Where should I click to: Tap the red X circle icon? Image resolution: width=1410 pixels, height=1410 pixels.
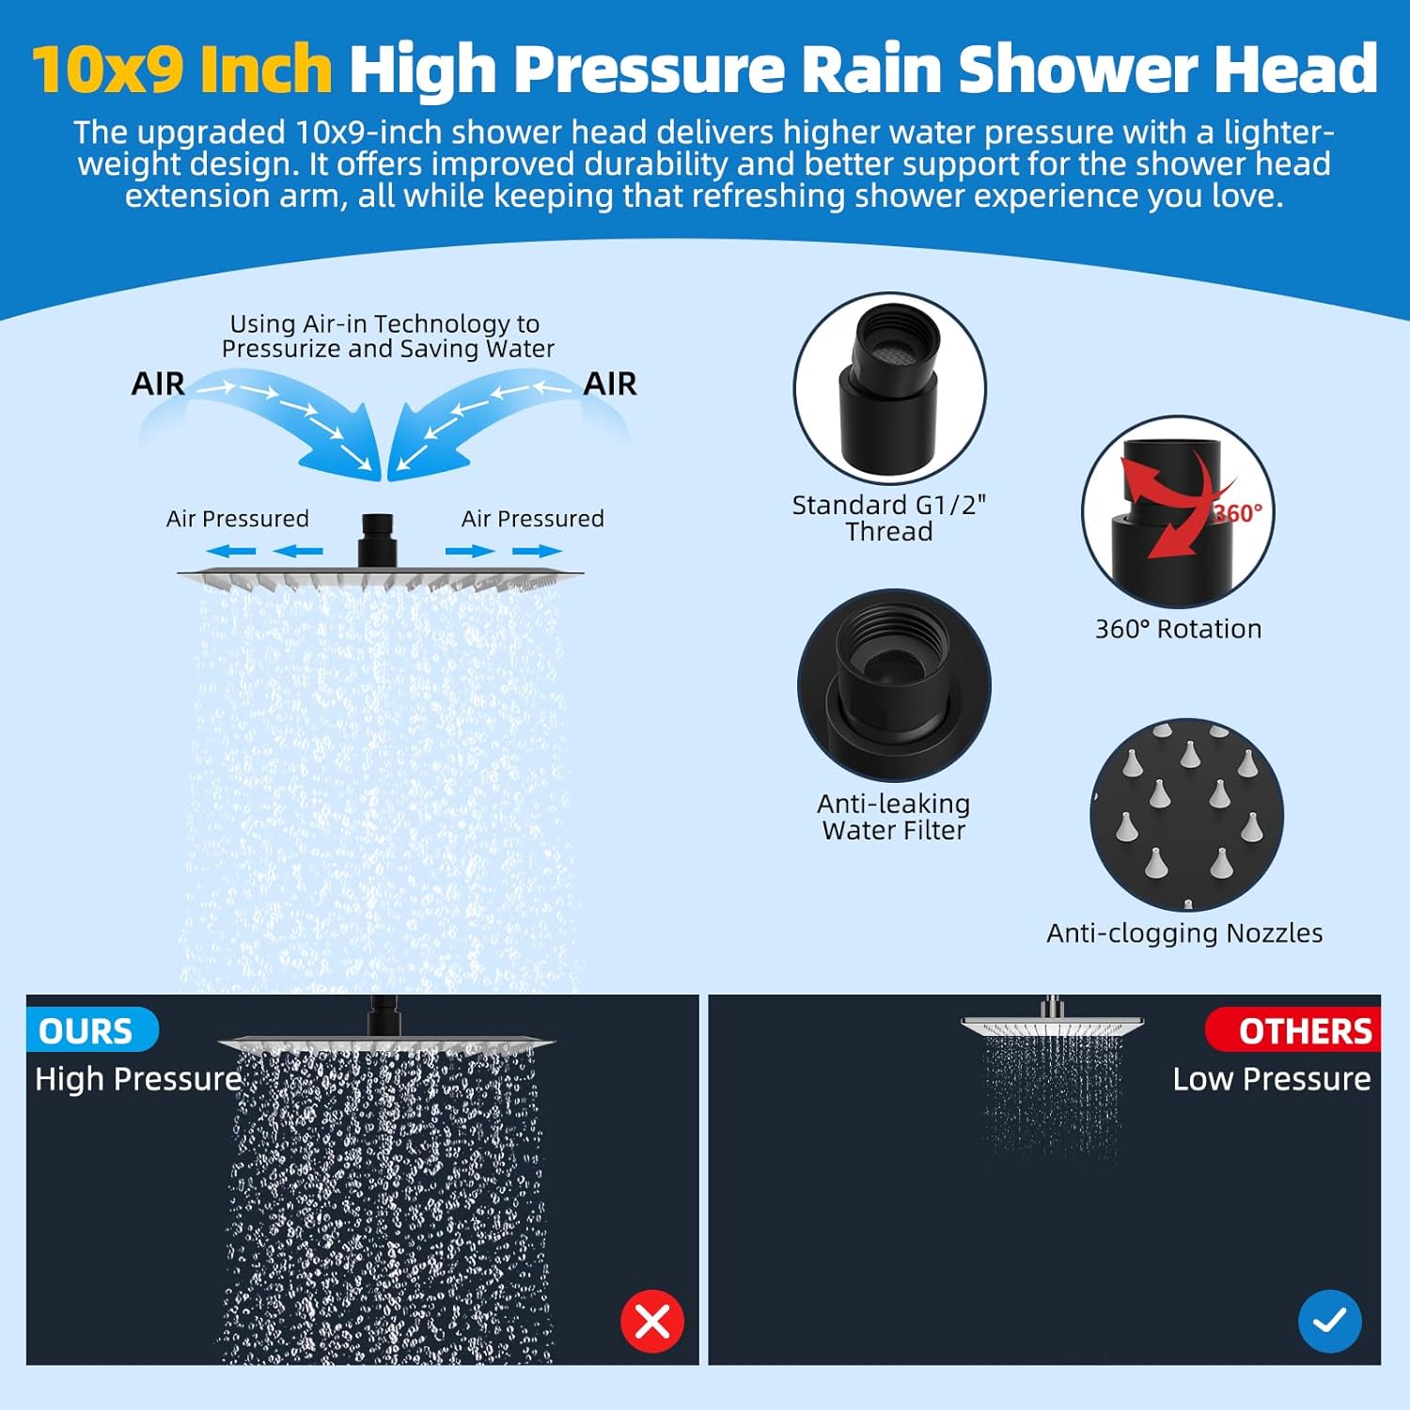tap(652, 1322)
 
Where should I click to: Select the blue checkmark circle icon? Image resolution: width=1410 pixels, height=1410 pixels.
tap(1329, 1322)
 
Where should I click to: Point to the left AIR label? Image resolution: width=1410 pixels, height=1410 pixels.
tap(158, 384)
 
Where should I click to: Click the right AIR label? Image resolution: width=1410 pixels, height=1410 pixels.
tap(610, 384)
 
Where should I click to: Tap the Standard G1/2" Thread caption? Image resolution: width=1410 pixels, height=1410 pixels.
tap(888, 518)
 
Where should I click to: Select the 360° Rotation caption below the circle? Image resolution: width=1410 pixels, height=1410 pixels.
tap(1178, 629)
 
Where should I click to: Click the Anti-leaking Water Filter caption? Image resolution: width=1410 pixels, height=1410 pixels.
tap(893, 817)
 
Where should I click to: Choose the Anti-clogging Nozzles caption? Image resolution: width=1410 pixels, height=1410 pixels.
tap(1184, 932)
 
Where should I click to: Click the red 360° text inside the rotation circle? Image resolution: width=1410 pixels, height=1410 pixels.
tap(1238, 513)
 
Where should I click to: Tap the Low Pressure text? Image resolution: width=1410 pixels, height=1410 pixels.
tap(1271, 1079)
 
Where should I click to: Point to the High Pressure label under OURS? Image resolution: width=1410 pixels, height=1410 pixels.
tap(138, 1079)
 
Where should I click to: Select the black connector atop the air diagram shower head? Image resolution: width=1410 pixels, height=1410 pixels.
tap(377, 540)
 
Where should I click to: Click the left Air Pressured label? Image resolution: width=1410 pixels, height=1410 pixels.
tap(238, 519)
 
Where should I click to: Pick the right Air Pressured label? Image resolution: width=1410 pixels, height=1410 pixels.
tap(532, 519)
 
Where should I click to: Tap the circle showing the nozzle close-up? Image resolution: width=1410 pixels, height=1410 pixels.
tap(1186, 815)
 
